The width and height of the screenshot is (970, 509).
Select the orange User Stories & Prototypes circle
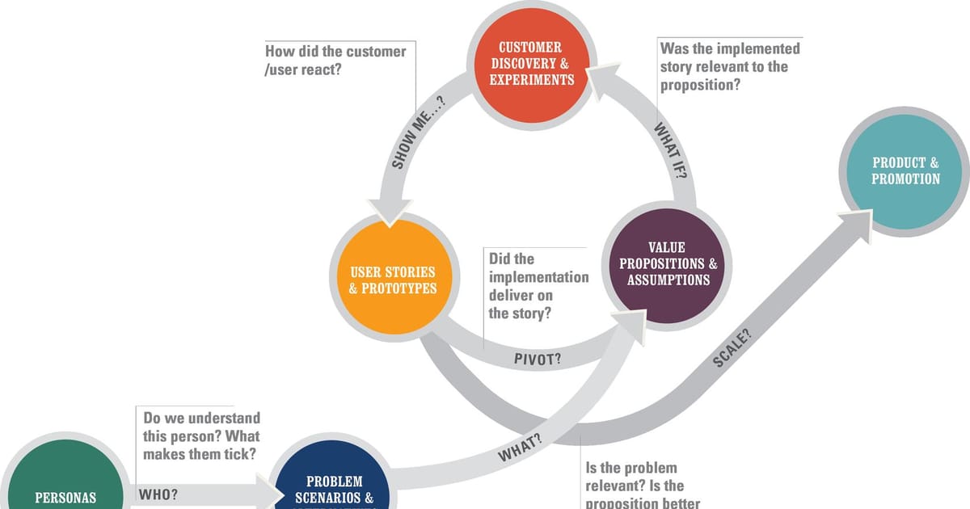(392, 280)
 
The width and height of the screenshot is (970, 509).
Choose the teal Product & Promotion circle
(905, 170)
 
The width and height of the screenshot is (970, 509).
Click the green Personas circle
(65, 488)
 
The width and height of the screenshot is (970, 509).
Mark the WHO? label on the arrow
(159, 494)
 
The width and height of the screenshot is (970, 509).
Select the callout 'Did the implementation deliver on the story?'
(538, 286)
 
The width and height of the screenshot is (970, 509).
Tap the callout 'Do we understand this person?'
(201, 435)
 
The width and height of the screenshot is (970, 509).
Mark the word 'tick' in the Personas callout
(240, 454)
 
